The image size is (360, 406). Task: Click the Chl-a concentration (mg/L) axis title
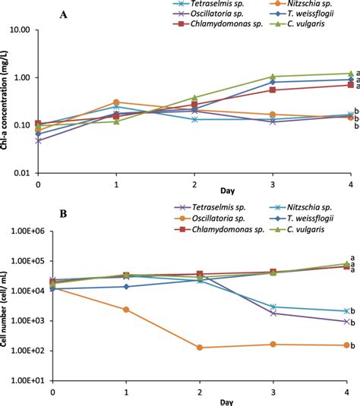tap(6, 102)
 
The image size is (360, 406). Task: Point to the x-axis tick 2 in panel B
tap(201, 391)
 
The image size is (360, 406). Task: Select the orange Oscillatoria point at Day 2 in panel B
tap(201, 348)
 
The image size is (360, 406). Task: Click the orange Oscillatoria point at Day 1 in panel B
tap(126, 310)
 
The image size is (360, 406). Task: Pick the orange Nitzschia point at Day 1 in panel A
tap(116, 102)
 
